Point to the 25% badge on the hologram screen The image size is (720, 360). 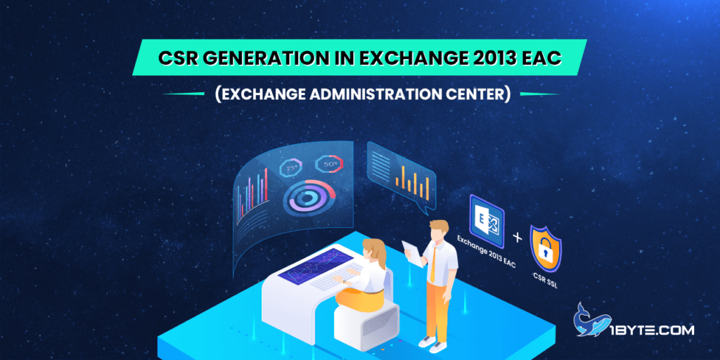tap(290, 168)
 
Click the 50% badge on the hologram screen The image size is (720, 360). tap(331, 165)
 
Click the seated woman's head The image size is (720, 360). tap(373, 250)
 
